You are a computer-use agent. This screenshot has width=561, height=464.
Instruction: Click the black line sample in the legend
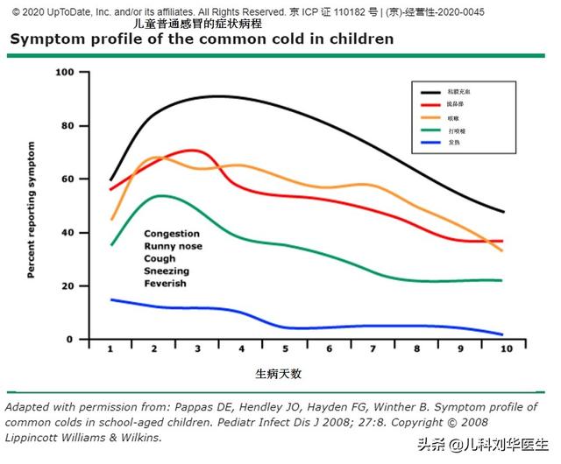pyautogui.click(x=432, y=91)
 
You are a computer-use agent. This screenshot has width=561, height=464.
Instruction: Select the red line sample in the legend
pyautogui.click(x=432, y=104)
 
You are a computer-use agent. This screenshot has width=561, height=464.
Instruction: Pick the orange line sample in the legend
pyautogui.click(x=432, y=117)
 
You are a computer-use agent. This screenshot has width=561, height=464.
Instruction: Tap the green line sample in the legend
pyautogui.click(x=432, y=130)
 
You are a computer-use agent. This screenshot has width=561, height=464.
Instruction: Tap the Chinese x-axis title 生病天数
pyautogui.click(x=279, y=374)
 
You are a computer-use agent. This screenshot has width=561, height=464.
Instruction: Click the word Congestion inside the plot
pyautogui.click(x=172, y=235)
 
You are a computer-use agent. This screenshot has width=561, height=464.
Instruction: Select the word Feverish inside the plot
pyautogui.click(x=166, y=284)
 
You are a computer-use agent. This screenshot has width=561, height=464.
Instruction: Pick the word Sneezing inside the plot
pyautogui.click(x=167, y=271)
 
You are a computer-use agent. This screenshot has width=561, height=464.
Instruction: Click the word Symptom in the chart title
pyautogui.click(x=47, y=39)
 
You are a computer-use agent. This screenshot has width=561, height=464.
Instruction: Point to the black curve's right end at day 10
pyautogui.click(x=503, y=212)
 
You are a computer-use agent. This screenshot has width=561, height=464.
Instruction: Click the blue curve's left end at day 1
pyautogui.click(x=111, y=299)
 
